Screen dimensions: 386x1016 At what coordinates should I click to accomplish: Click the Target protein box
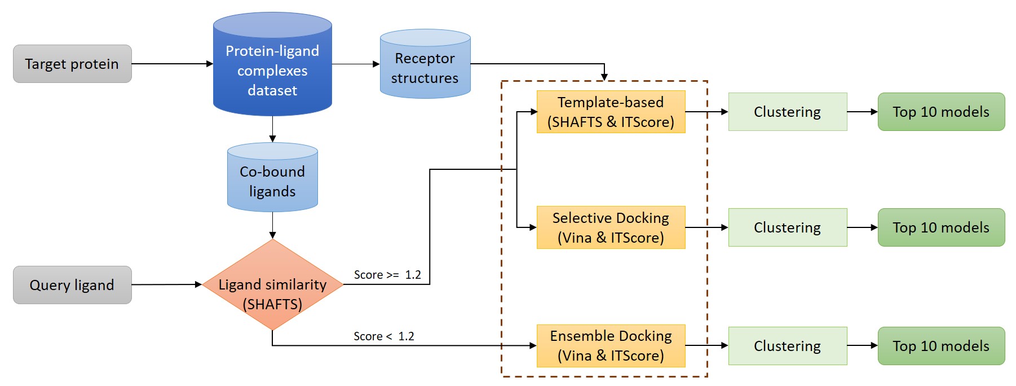tap(72, 64)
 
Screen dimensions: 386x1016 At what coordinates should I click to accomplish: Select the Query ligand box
tap(72, 285)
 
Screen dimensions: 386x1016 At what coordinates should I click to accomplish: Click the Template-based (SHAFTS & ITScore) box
tap(611, 112)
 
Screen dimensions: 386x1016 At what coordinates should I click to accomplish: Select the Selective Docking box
tap(611, 227)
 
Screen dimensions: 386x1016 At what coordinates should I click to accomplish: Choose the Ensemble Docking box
tap(611, 345)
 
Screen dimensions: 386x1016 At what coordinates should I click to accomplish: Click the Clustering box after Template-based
tap(787, 112)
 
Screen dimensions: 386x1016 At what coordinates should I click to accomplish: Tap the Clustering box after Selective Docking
tap(787, 227)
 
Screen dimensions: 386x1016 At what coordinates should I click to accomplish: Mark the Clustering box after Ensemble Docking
tap(787, 345)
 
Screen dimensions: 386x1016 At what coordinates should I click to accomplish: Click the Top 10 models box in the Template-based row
tap(941, 112)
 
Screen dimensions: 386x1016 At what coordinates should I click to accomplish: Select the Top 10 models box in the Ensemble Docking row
tap(941, 345)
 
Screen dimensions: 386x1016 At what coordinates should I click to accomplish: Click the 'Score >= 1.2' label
tap(387, 275)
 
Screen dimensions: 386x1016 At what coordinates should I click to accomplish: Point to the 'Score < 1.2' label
tap(384, 336)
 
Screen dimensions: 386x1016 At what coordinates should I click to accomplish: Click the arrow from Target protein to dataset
tap(172, 64)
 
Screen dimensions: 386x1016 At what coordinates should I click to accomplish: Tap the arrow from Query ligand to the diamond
tap(166, 284)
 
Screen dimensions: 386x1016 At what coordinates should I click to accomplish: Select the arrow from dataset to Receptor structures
tap(356, 64)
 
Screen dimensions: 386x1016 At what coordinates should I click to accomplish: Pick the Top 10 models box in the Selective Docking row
tap(941, 227)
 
